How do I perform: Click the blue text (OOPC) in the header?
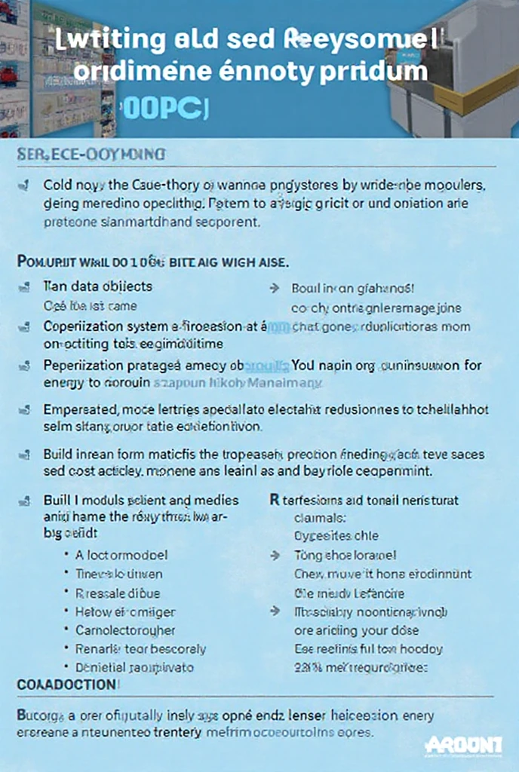(161, 108)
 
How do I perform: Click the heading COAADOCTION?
(66, 685)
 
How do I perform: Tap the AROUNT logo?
(462, 746)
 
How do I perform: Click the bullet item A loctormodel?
(121, 555)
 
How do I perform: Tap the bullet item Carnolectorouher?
(125, 630)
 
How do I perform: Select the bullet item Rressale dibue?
(118, 593)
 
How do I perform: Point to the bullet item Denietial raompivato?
(134, 667)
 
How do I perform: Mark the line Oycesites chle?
(336, 536)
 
